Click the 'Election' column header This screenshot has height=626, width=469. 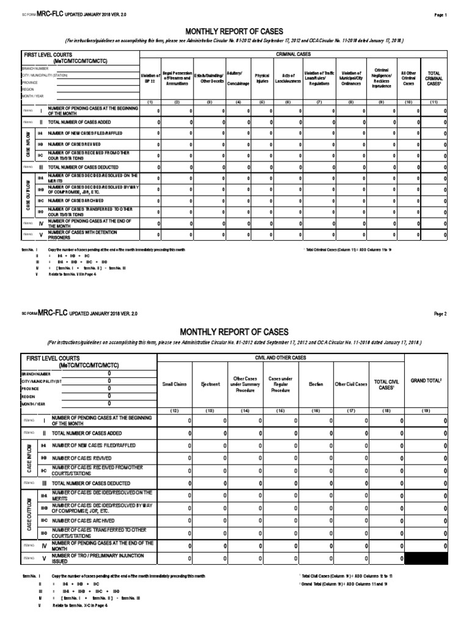click(x=316, y=385)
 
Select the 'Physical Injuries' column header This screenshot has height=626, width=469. click(x=262, y=78)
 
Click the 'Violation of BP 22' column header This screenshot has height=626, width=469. click(x=150, y=78)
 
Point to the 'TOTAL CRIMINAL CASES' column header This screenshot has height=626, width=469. click(x=434, y=78)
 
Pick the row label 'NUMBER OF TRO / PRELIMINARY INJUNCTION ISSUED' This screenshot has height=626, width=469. click(x=98, y=558)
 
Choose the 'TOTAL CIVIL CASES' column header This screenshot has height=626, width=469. click(x=386, y=385)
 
